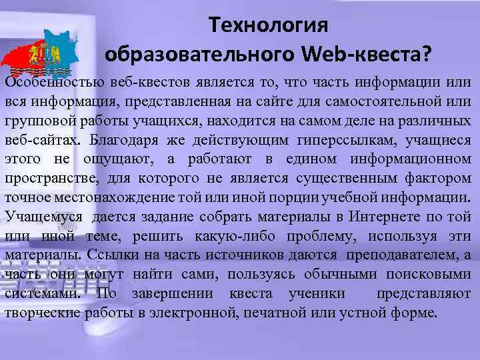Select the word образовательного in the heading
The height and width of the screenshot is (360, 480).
(200, 53)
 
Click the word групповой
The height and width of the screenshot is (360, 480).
(41, 121)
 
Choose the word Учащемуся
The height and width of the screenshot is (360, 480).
(43, 217)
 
